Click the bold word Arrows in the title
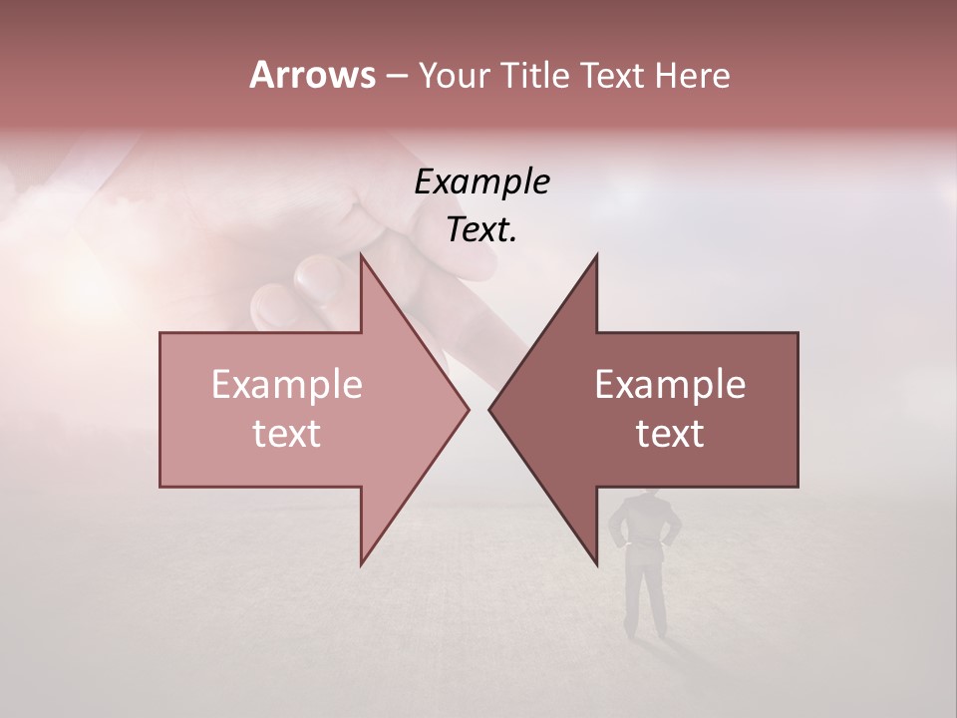312,75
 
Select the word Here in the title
691,76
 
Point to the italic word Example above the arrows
482,181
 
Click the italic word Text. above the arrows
482,229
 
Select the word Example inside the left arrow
287,384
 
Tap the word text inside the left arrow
287,433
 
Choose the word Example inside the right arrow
670,384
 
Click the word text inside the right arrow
670,433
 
